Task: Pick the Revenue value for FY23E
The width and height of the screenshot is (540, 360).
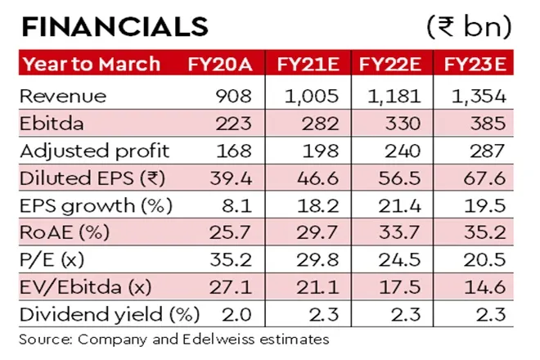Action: (x=479, y=97)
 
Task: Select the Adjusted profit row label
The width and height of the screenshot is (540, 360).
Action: (x=97, y=150)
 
